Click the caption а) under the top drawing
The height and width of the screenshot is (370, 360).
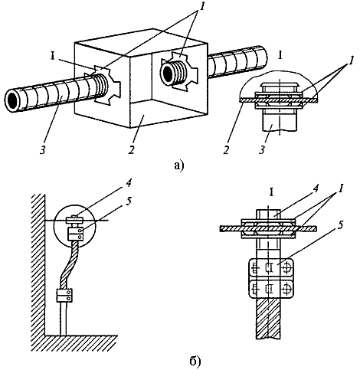click(178, 165)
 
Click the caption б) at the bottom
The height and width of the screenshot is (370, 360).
click(195, 360)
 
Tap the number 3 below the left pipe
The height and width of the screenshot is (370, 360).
click(43, 150)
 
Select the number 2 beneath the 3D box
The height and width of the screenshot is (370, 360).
click(131, 150)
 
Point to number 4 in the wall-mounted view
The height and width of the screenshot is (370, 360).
click(129, 183)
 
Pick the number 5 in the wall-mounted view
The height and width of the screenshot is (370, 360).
click(129, 201)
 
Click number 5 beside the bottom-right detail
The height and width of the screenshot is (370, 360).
click(342, 225)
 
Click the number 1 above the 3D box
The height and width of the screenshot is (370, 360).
click(201, 7)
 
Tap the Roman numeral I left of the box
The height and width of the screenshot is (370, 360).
click(53, 57)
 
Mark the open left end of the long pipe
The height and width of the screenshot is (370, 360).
click(12, 100)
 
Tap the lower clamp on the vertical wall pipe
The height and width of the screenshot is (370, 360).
click(64, 295)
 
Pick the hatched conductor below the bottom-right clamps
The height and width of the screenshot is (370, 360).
click(268, 319)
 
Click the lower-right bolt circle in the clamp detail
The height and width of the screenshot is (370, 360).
click(286, 290)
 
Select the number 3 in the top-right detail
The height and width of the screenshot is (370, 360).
click(262, 150)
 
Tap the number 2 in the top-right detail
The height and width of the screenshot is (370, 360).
click(227, 150)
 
